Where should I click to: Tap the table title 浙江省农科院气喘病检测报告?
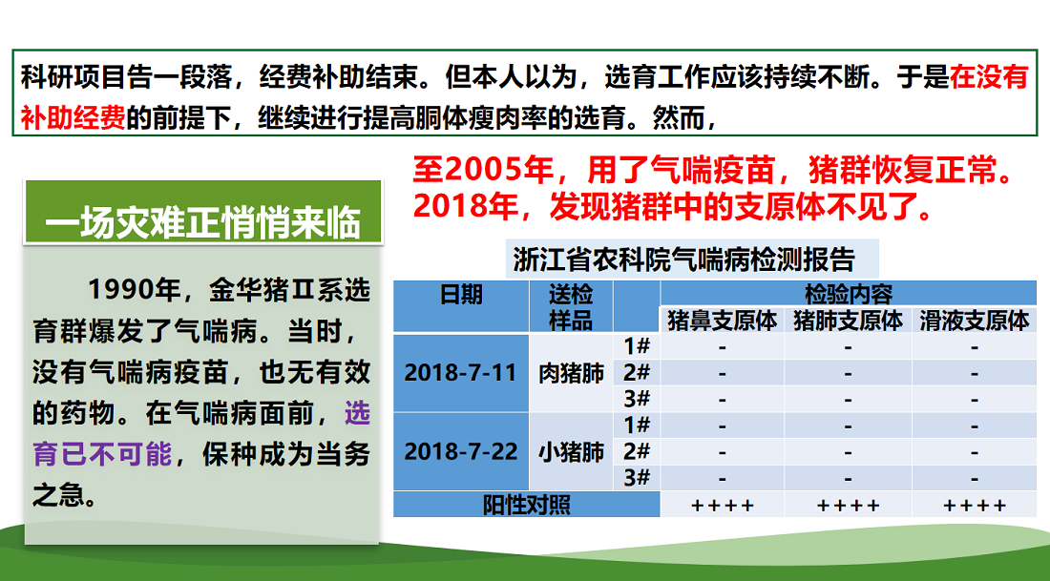tap(683, 259)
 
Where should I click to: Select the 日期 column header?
tap(461, 295)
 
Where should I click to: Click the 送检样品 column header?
tap(571, 306)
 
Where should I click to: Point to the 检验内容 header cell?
tap(848, 294)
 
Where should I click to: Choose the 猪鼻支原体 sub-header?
tap(722, 321)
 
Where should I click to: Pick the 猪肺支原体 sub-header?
tap(848, 321)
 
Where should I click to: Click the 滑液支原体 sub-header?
tap(974, 321)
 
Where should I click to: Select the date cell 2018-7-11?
tap(461, 373)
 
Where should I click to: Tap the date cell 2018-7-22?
tap(461, 452)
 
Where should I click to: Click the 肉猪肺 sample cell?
tap(571, 373)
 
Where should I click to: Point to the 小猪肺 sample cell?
tap(571, 452)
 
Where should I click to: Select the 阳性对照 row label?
tap(526, 504)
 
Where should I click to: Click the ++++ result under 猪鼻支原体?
tap(722, 506)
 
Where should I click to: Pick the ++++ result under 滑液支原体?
tap(974, 506)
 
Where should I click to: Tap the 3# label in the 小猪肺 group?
tap(637, 477)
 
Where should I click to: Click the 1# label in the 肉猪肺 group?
tap(637, 346)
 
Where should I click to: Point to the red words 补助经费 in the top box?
tap(73, 117)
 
